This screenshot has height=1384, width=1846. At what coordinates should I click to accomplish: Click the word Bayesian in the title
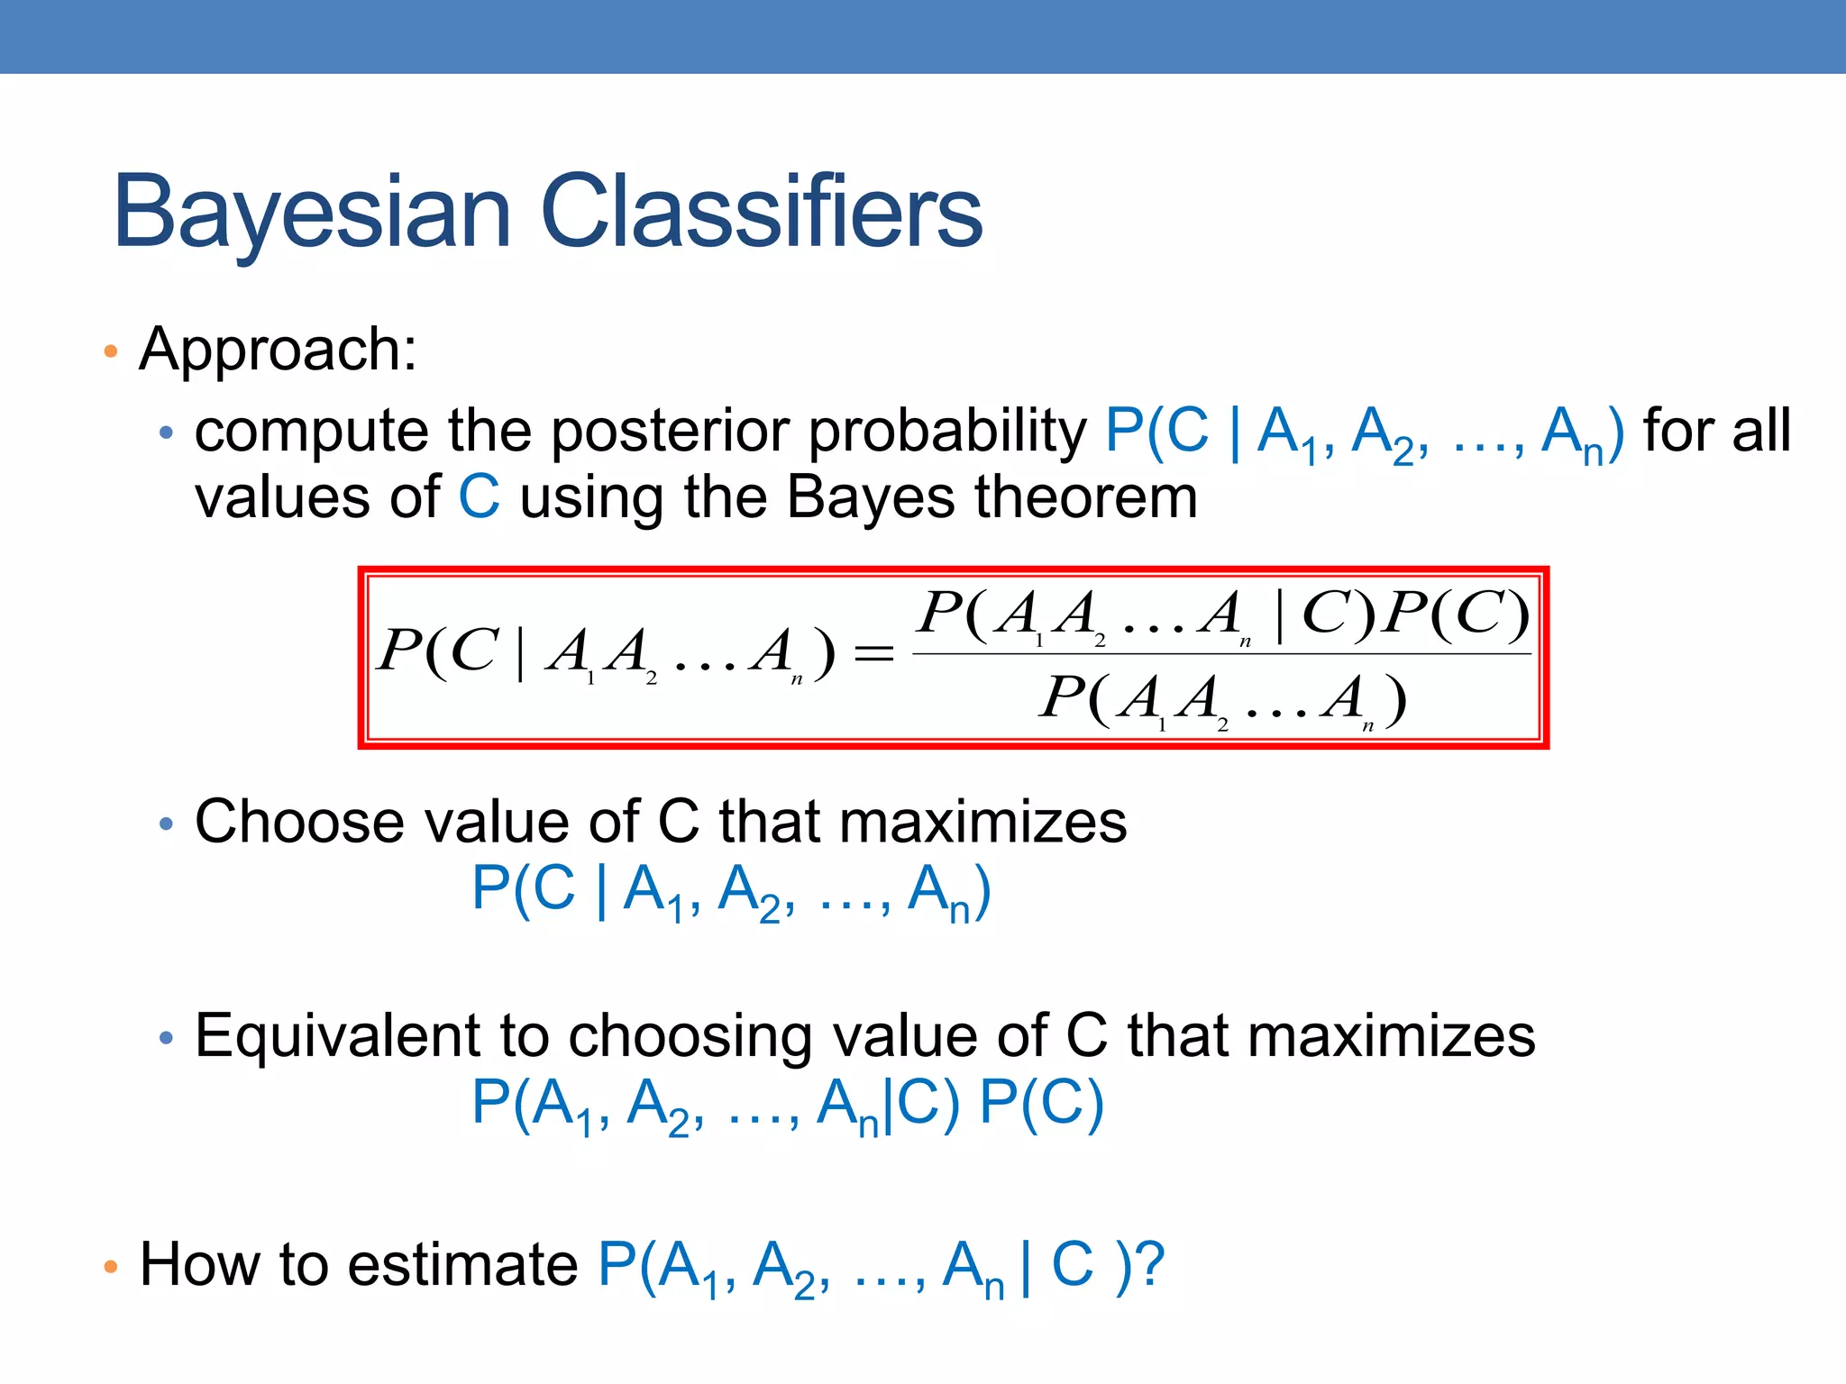pos(312,213)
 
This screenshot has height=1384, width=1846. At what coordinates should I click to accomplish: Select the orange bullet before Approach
pos(111,351)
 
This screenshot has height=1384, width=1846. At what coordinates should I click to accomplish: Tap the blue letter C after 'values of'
pos(479,497)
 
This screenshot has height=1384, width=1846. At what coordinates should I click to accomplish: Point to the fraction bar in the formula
pos(1221,654)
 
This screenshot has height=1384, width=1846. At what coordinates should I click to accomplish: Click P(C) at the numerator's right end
pos(1456,615)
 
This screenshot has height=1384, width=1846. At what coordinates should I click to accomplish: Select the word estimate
pos(462,1264)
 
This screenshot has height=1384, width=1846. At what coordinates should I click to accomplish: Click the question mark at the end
pos(1150,1264)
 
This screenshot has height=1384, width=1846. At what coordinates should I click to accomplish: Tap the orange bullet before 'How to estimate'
pos(111,1267)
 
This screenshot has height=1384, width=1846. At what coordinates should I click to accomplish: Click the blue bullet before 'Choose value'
pos(165,824)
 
